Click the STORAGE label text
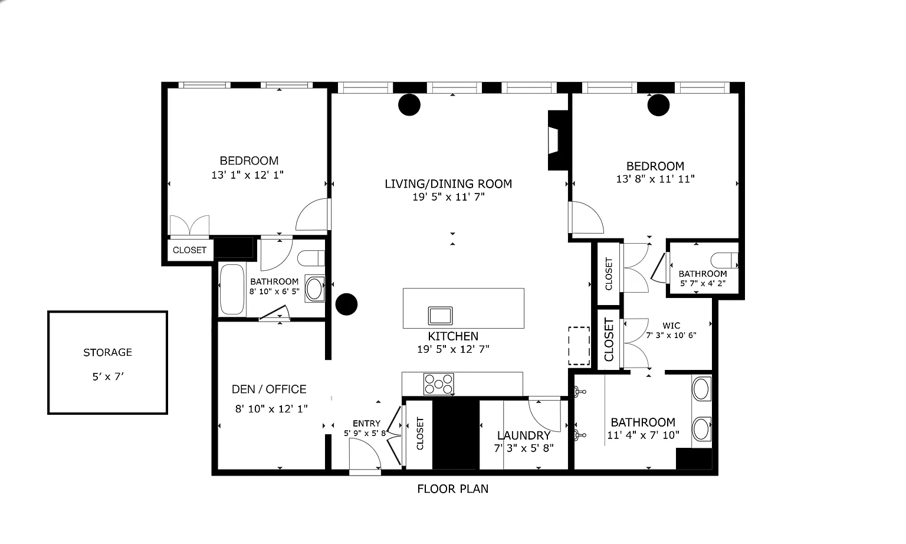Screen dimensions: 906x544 pos(107,352)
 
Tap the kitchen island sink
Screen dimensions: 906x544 pos(441,316)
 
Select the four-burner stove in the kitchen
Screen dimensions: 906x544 pos(438,384)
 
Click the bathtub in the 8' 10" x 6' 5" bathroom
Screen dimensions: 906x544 pos(232,289)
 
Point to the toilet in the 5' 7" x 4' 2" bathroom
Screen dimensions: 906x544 pos(724,260)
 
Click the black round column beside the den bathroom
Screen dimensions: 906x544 pos(347,304)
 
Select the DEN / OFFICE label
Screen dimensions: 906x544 pos(269,389)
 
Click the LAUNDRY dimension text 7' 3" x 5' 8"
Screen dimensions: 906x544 pos(524,448)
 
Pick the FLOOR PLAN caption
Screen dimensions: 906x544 pos(453,489)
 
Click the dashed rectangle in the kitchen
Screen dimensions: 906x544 pos(579,346)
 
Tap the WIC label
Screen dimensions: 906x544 pos(671,325)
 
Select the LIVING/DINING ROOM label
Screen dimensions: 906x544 pos(448,184)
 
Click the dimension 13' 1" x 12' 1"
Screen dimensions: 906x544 pos(248,175)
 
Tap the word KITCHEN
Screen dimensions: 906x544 pos(453,336)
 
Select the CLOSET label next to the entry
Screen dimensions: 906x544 pos(420,434)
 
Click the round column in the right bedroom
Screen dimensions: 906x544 pos(658,105)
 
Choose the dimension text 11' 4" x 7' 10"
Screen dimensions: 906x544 pos(643,435)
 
